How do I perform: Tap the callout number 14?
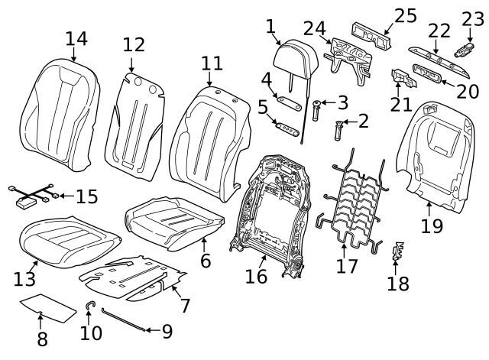pyautogui.click(x=76, y=38)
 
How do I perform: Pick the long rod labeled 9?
pyautogui.click(x=121, y=320)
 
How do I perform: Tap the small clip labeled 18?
pyautogui.click(x=396, y=252)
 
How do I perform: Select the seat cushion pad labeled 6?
pyautogui.click(x=176, y=222)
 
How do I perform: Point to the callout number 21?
pyautogui.click(x=398, y=103)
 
